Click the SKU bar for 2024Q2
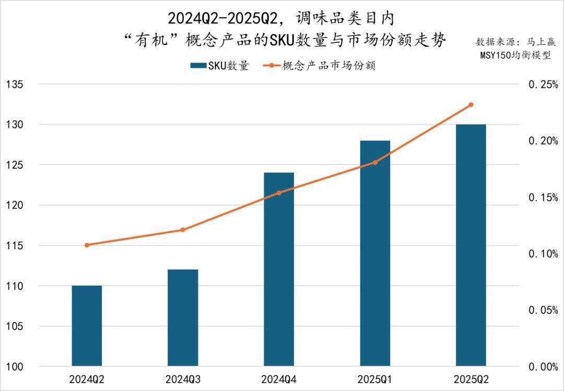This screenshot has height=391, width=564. pos(87,326)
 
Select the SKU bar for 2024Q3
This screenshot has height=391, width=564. pos(183,317)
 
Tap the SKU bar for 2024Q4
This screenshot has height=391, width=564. pos(279,269)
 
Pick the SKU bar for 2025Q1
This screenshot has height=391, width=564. pos(375,253)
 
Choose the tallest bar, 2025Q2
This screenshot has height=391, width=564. pos(471,245)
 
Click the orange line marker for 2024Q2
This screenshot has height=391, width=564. pos(87,245)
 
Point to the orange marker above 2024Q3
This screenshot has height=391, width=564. pos(183,230)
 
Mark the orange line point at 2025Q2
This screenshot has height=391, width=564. pos(471,105)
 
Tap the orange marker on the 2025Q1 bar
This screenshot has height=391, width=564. pos(375,163)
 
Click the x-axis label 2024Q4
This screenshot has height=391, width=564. pos(279,379)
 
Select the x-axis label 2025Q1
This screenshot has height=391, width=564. pos(375,379)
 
